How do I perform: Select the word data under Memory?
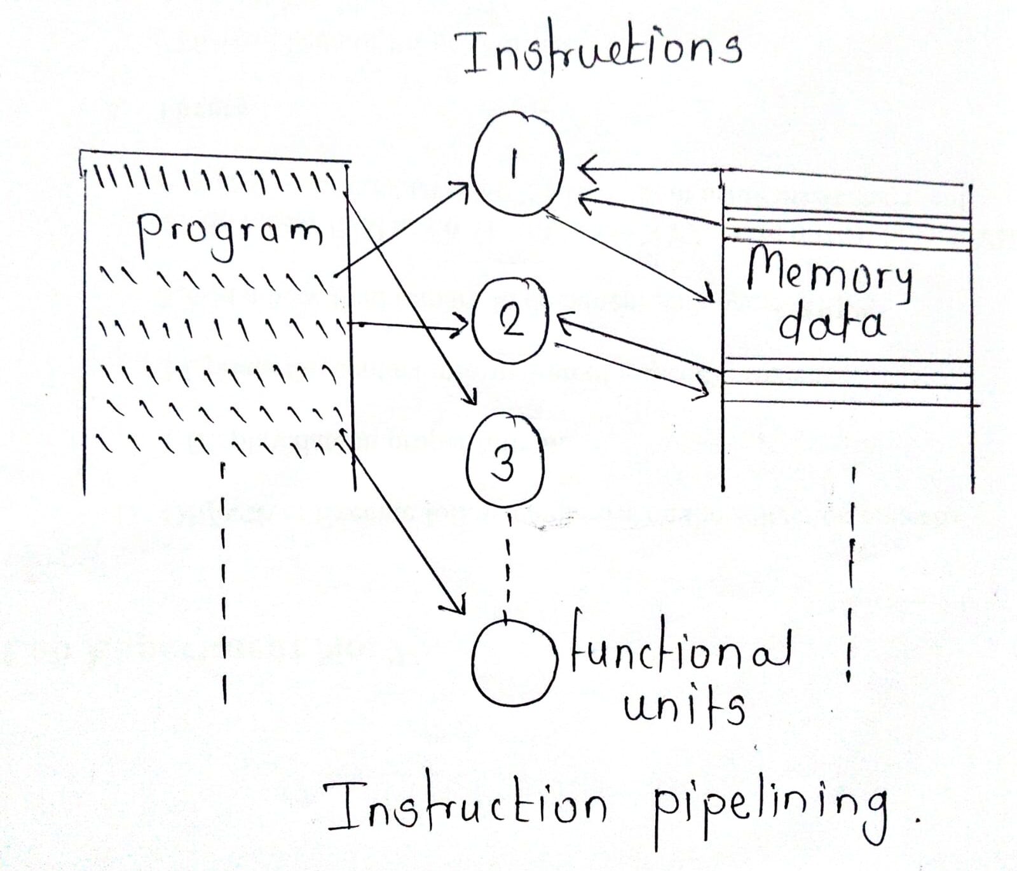830,324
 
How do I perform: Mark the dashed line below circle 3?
507,560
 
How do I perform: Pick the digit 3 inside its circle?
504,464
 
